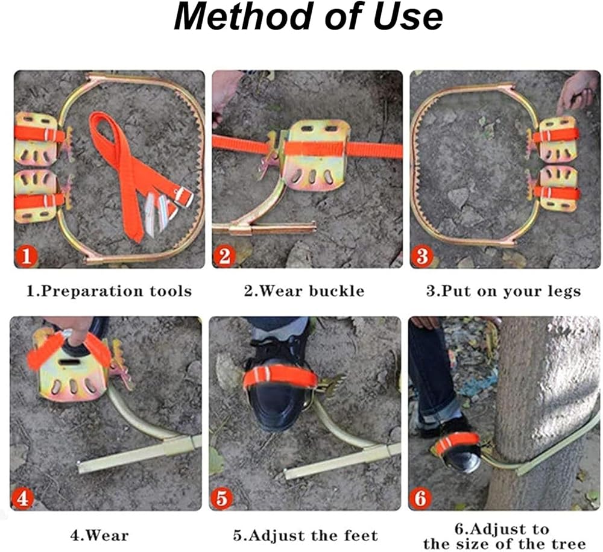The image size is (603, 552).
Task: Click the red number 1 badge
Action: (26, 256)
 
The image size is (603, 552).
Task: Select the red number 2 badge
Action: (224, 256)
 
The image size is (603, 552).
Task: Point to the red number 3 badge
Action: (422, 256)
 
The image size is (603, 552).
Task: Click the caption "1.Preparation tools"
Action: (109, 291)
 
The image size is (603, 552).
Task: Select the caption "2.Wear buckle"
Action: (304, 291)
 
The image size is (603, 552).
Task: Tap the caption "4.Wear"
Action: (99, 535)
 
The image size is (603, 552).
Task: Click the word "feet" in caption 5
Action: (361, 535)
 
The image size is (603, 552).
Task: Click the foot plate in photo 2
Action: (317, 155)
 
